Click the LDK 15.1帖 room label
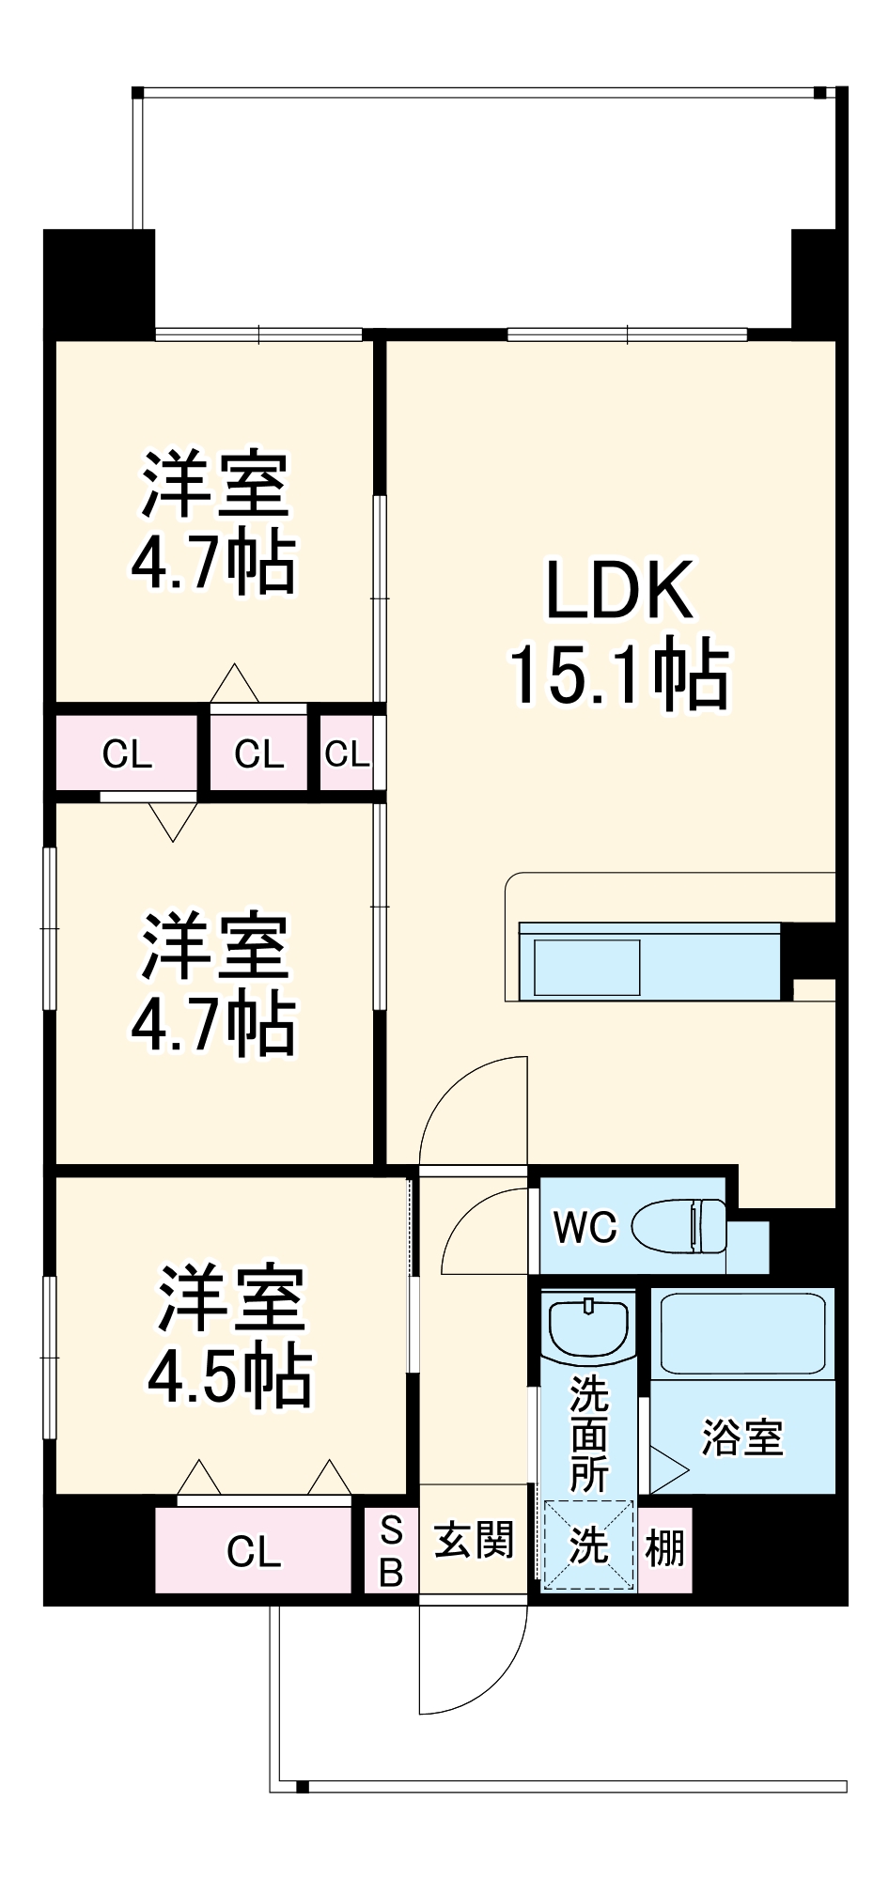[619, 631]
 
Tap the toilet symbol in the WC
[678, 1226]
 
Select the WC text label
[585, 1227]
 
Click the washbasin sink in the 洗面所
[588, 1327]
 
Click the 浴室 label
[741, 1437]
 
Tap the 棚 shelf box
[665, 1545]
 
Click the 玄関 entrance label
[475, 1541]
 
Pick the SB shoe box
[391, 1550]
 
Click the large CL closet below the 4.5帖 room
[253, 1551]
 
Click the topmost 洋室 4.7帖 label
[214, 523]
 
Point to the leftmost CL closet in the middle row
[126, 753]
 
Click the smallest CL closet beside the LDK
[347, 753]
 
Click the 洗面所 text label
[589, 1433]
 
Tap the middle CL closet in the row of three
[258, 753]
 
